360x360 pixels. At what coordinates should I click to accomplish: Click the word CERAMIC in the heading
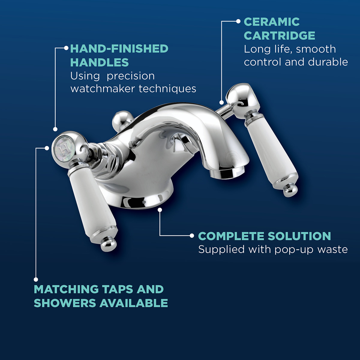click(271, 22)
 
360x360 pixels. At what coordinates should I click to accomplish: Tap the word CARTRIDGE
click(279, 36)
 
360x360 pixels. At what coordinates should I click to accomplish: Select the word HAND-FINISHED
click(119, 49)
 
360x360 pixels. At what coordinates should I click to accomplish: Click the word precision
click(130, 76)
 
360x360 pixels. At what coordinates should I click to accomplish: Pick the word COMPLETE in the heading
click(231, 236)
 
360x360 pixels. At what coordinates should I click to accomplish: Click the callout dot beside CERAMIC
click(238, 21)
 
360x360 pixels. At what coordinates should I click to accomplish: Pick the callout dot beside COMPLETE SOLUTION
click(192, 236)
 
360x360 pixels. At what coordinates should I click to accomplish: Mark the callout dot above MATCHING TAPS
click(36, 279)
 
